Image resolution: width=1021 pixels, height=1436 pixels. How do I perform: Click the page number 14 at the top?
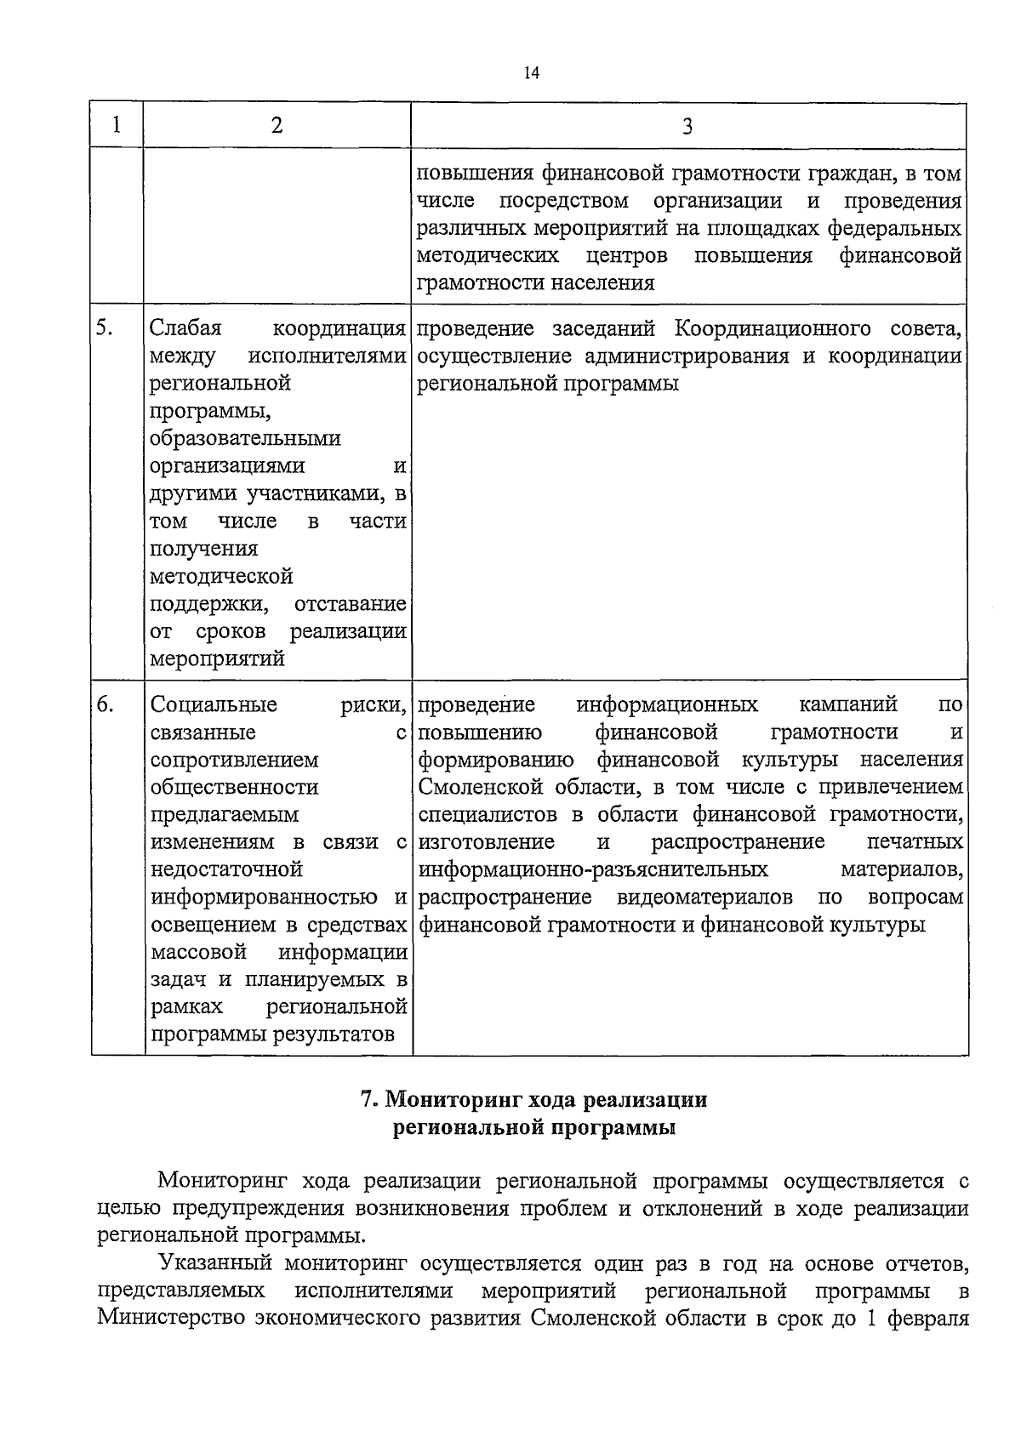532,73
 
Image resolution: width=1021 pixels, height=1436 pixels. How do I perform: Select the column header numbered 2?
277,125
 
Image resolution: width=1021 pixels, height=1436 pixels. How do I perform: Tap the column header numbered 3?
687,127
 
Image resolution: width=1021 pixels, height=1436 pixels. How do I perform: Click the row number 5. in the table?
106,328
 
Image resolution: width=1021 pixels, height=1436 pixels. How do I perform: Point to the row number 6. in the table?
106,704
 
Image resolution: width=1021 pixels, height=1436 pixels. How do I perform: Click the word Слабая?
185,328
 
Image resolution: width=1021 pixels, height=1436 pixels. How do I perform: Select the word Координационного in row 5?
773,328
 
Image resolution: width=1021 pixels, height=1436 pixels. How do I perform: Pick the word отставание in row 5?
350,604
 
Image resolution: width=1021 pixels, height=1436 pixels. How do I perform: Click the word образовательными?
245,438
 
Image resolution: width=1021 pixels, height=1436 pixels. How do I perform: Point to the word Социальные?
214,704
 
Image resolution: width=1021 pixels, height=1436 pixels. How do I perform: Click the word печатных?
915,841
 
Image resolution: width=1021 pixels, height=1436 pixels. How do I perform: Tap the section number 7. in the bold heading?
368,1100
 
